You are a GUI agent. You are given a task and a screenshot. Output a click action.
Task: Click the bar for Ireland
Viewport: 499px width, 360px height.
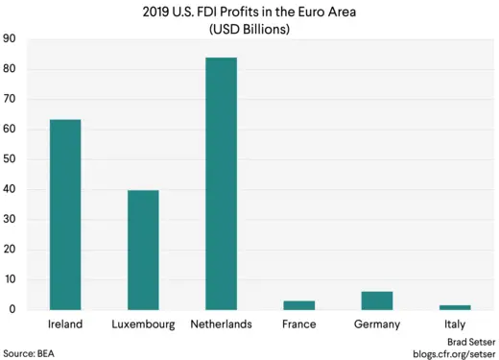(65, 215)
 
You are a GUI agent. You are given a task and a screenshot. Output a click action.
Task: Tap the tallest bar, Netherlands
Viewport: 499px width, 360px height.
(221, 183)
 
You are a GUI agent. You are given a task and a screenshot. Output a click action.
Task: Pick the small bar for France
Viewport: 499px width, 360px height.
(299, 305)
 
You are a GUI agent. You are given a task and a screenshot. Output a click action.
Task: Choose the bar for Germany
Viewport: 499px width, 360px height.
(377, 300)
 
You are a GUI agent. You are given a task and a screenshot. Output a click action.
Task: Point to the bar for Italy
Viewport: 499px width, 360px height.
(455, 307)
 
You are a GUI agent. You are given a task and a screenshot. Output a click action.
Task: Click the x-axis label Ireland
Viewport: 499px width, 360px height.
(65, 324)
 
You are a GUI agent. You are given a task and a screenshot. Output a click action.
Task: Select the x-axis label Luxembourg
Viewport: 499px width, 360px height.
(143, 324)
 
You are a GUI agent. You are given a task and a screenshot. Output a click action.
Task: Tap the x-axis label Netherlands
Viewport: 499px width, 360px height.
(221, 324)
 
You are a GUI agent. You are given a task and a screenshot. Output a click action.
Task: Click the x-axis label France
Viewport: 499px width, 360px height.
(299, 324)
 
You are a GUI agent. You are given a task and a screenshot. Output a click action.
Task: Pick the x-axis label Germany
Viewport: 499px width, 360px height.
(377, 324)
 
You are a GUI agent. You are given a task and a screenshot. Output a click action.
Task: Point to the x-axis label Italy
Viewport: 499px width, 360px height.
(455, 324)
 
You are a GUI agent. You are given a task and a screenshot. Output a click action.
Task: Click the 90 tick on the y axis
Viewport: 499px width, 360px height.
(10, 39)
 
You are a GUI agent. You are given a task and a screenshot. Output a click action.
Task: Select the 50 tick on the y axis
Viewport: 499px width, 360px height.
(10, 159)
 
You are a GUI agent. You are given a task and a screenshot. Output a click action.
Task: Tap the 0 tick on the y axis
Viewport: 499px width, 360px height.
(12, 309)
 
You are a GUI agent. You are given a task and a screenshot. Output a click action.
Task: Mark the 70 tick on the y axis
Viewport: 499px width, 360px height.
(10, 99)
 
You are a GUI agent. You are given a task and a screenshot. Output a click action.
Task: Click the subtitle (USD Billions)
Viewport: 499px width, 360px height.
(249, 30)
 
